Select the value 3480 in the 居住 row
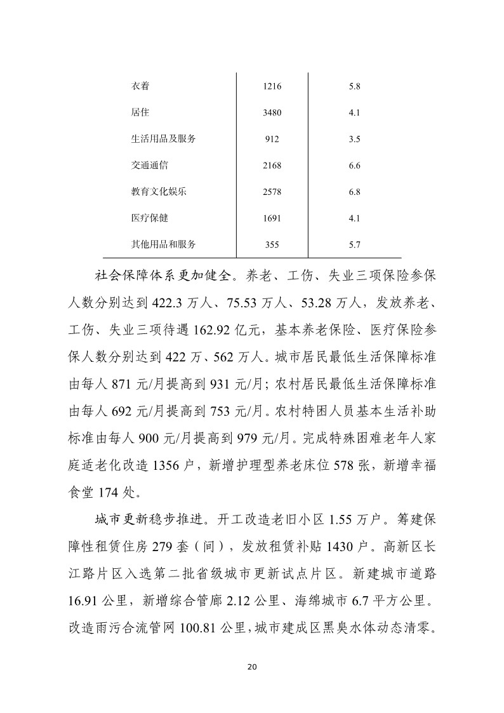click(x=271, y=113)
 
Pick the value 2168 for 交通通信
click(x=271, y=166)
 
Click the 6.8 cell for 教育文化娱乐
click(x=355, y=192)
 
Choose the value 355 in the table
click(x=271, y=244)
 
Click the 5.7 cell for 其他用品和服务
click(x=355, y=244)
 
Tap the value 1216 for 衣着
click(x=271, y=86)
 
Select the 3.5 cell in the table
click(x=355, y=139)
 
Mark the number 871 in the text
click(x=124, y=385)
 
